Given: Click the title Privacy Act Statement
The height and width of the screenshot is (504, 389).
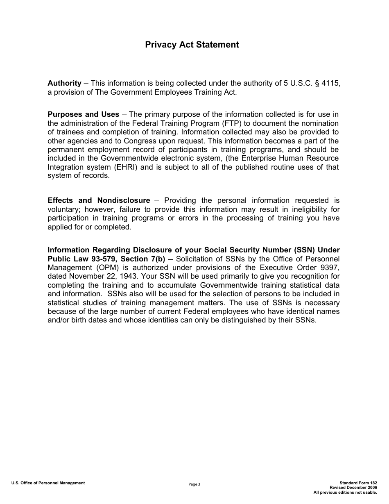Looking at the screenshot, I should tap(192, 45).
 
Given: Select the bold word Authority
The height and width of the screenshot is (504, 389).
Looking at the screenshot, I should tap(64, 83).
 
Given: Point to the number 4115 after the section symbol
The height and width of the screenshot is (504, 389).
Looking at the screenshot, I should tap(331, 83).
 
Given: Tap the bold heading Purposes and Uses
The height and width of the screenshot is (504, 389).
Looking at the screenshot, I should tap(83, 114).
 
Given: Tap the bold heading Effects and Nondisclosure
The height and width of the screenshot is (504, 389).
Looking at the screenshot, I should tap(99, 200).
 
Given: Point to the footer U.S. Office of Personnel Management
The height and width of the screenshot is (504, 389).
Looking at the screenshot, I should tap(48, 483).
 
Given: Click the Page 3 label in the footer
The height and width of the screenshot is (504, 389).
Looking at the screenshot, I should tap(194, 484).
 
